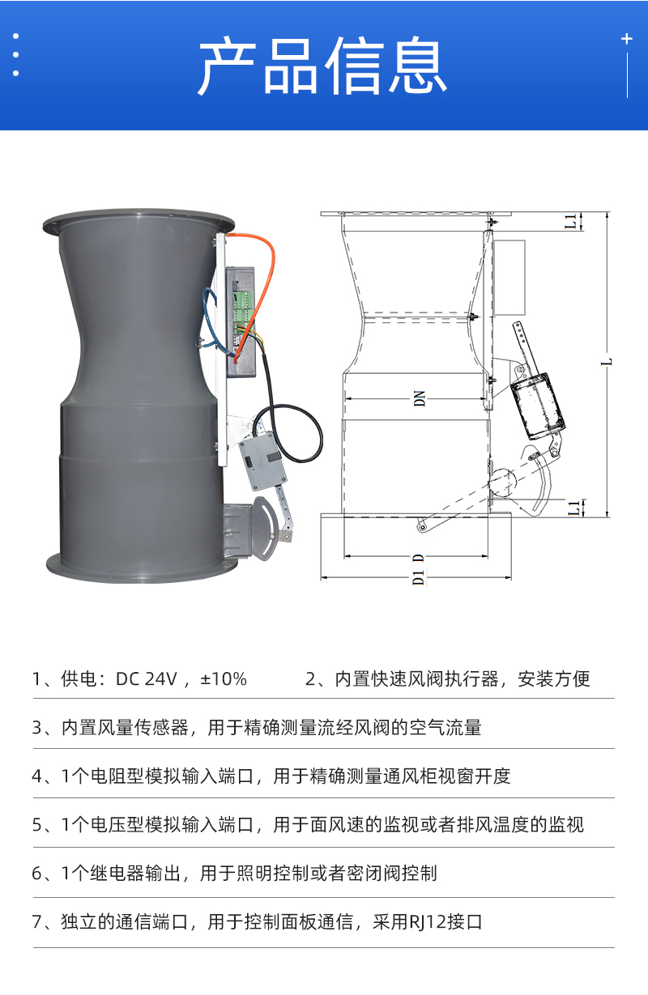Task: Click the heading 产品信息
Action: (323, 66)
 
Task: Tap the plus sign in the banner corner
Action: (626, 39)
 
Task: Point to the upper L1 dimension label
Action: (572, 221)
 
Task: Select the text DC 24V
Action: (146, 678)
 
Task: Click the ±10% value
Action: (224, 678)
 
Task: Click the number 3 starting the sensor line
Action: (36, 727)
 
